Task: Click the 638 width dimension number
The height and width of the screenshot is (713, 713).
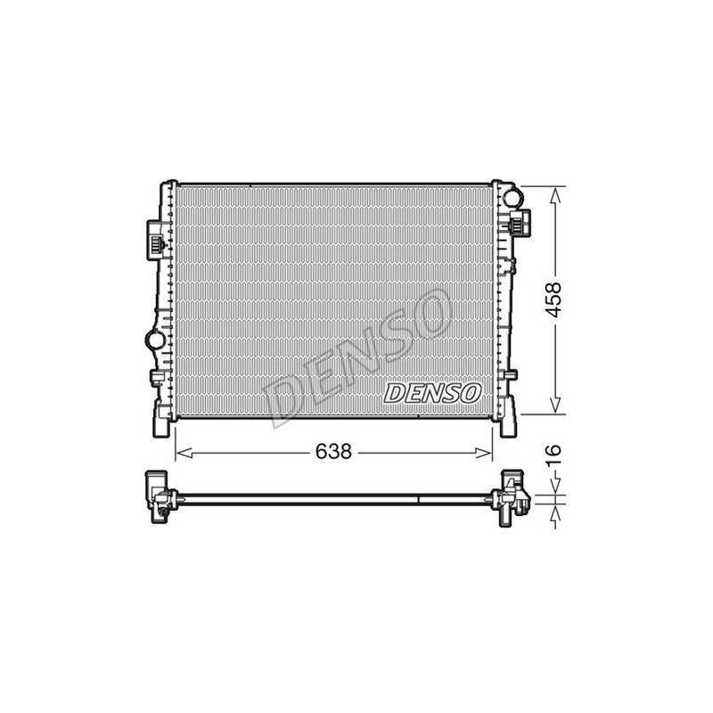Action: (333, 452)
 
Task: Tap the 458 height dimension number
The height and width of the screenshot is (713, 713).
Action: (553, 299)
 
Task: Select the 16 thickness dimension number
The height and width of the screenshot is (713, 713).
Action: (553, 456)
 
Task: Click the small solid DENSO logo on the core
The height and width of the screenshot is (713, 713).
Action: (432, 392)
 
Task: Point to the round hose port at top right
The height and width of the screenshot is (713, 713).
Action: (512, 196)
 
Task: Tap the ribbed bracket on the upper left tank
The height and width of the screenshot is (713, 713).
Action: (155, 241)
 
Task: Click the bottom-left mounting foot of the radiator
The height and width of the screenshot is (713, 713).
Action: (162, 424)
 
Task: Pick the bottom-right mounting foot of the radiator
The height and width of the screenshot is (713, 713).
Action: (508, 424)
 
